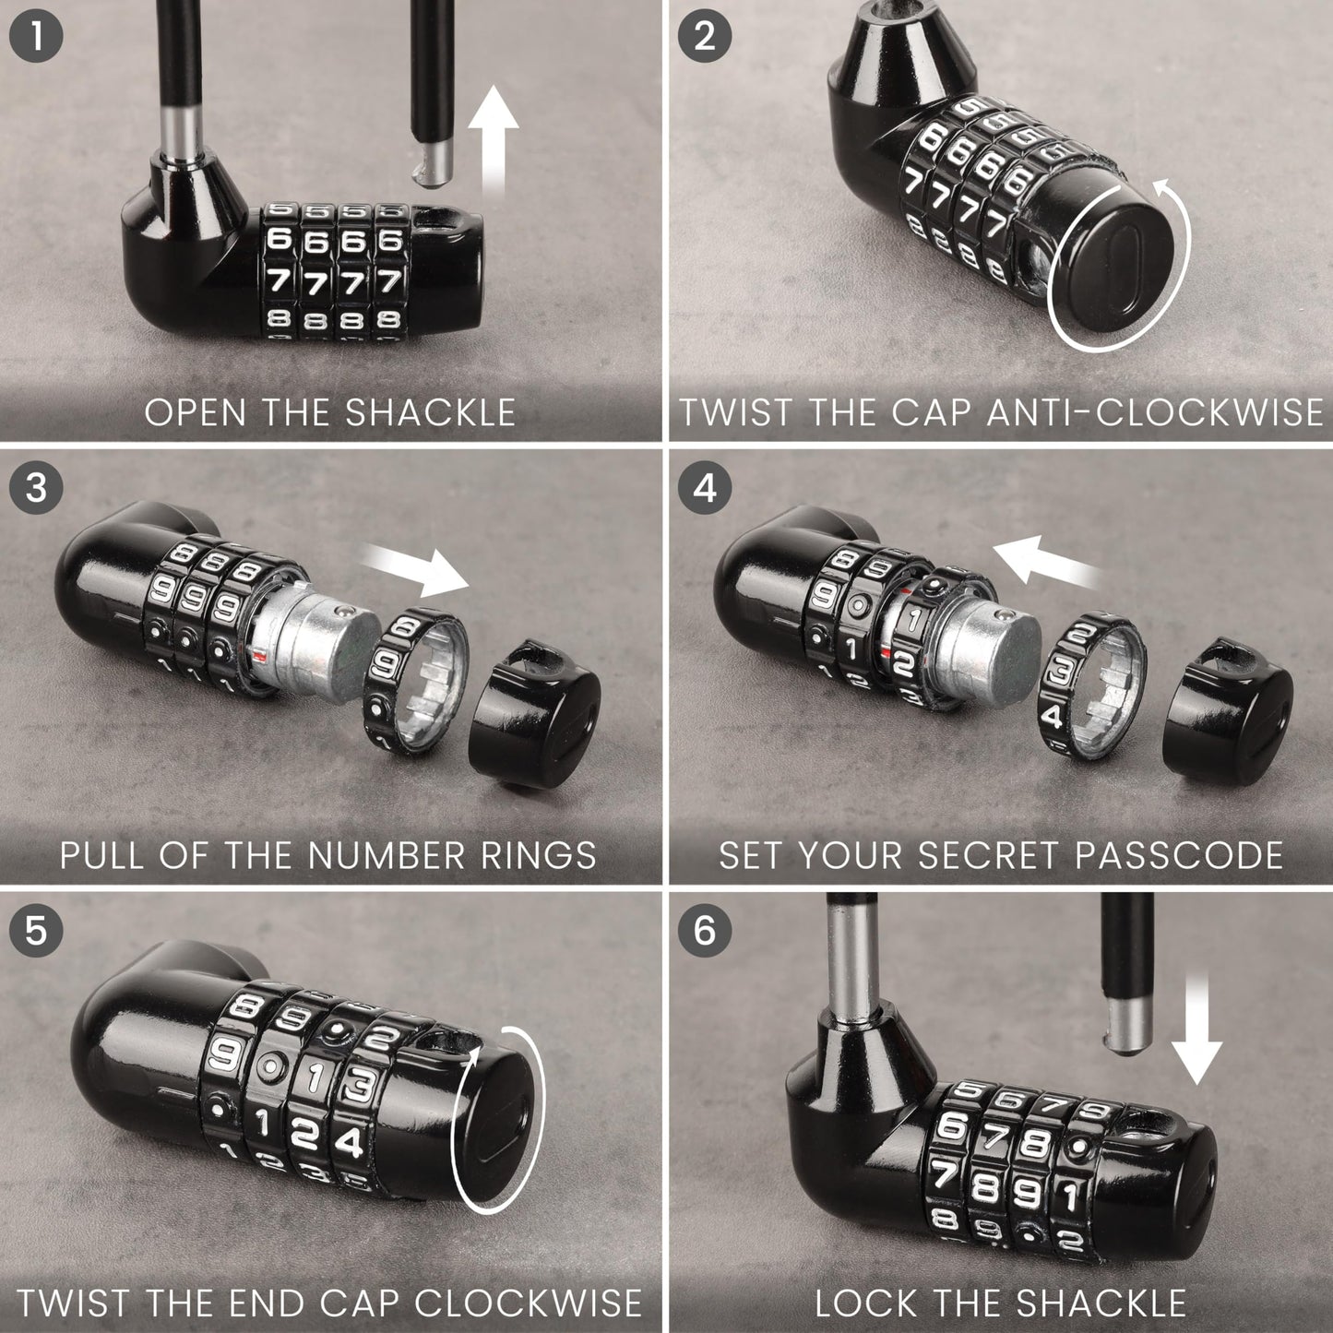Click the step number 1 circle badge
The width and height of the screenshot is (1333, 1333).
tap(35, 37)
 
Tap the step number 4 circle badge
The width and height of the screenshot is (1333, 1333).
tap(704, 486)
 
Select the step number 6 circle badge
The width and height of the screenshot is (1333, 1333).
tap(704, 929)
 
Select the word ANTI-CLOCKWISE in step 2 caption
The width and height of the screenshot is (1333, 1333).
tap(1153, 412)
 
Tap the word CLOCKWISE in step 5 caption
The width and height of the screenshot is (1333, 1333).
tap(527, 1303)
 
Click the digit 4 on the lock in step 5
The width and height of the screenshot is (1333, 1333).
tap(350, 1142)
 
